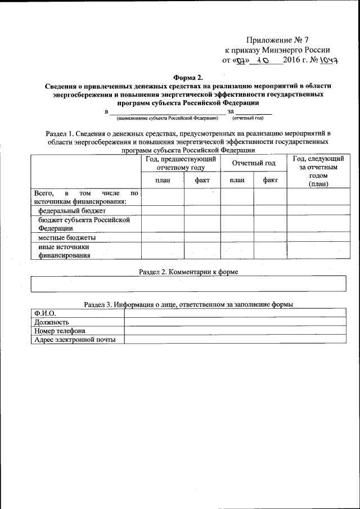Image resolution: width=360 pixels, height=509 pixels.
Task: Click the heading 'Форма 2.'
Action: click(x=188, y=78)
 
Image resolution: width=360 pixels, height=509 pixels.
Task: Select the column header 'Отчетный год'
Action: click(x=254, y=163)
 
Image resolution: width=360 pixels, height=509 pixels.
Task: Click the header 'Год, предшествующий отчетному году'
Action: click(x=181, y=163)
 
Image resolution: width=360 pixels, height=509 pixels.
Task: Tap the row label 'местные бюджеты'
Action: click(x=62, y=238)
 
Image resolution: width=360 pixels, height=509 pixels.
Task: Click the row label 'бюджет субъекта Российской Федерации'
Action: click(x=84, y=224)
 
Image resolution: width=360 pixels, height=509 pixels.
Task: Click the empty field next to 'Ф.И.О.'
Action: click(x=235, y=313)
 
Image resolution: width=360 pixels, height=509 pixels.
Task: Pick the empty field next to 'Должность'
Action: click(x=235, y=322)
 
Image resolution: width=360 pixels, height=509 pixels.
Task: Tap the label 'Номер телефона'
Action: click(x=60, y=331)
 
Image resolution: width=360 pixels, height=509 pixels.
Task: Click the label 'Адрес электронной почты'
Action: click(x=74, y=340)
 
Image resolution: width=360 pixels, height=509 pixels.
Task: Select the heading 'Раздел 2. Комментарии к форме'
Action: click(x=188, y=272)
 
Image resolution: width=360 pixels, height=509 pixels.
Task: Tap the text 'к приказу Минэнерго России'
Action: click(x=277, y=49)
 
